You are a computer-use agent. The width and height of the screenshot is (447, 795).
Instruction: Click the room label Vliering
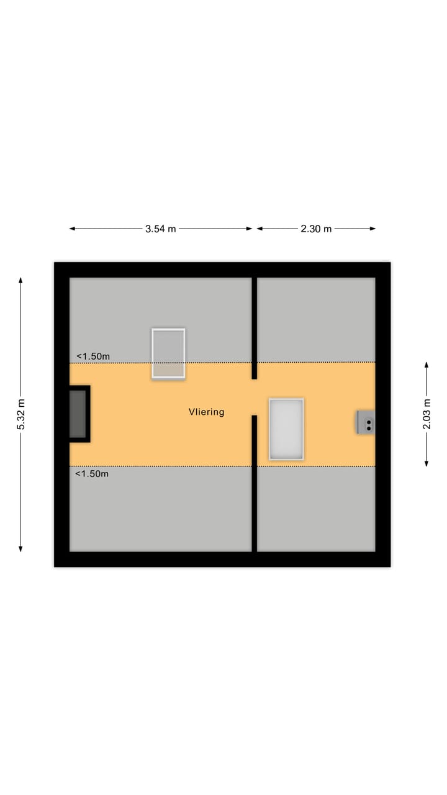tap(206, 412)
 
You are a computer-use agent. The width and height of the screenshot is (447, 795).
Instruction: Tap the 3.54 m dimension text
tap(161, 229)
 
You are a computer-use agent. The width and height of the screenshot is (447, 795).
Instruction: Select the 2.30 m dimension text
tap(316, 229)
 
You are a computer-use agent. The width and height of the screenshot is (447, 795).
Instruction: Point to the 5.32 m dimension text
tap(20, 414)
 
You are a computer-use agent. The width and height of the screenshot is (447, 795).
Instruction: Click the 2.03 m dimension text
tap(427, 414)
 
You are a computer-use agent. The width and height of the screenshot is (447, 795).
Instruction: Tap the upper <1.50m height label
tap(93, 357)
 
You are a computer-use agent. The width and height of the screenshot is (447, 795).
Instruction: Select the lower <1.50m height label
tap(92, 474)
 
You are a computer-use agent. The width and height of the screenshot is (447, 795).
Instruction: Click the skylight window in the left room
tap(168, 353)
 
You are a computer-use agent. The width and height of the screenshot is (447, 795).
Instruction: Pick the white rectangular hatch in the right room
tap(286, 429)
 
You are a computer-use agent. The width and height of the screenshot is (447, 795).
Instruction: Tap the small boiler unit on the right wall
tap(366, 422)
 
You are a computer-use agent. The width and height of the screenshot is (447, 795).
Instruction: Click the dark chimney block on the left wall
tap(78, 414)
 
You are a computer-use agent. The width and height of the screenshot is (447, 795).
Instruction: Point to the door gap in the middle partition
tap(254, 397)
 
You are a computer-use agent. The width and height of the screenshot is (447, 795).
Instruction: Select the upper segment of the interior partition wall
tap(254, 326)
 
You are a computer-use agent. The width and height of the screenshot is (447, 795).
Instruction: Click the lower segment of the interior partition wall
tap(254, 484)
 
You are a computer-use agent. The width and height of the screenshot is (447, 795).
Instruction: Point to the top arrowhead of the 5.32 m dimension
tap(20, 280)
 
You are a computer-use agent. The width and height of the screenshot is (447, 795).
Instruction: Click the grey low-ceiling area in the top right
tap(316, 319)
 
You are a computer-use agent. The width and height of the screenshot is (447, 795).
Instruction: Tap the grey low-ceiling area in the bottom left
tap(160, 509)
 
